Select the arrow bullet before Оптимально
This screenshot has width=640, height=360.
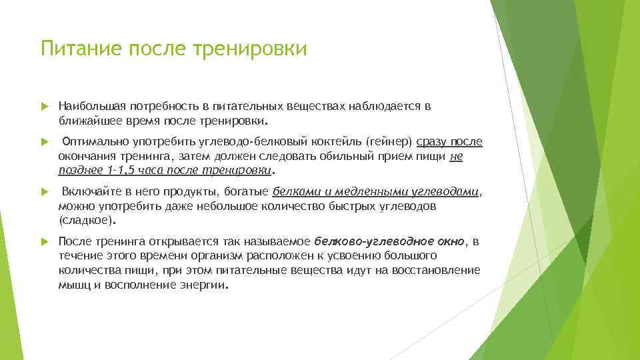point(45,142)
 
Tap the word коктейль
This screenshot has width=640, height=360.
point(335,141)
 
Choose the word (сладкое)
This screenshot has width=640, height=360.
point(87,219)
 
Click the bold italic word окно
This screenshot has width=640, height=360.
point(447,241)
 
